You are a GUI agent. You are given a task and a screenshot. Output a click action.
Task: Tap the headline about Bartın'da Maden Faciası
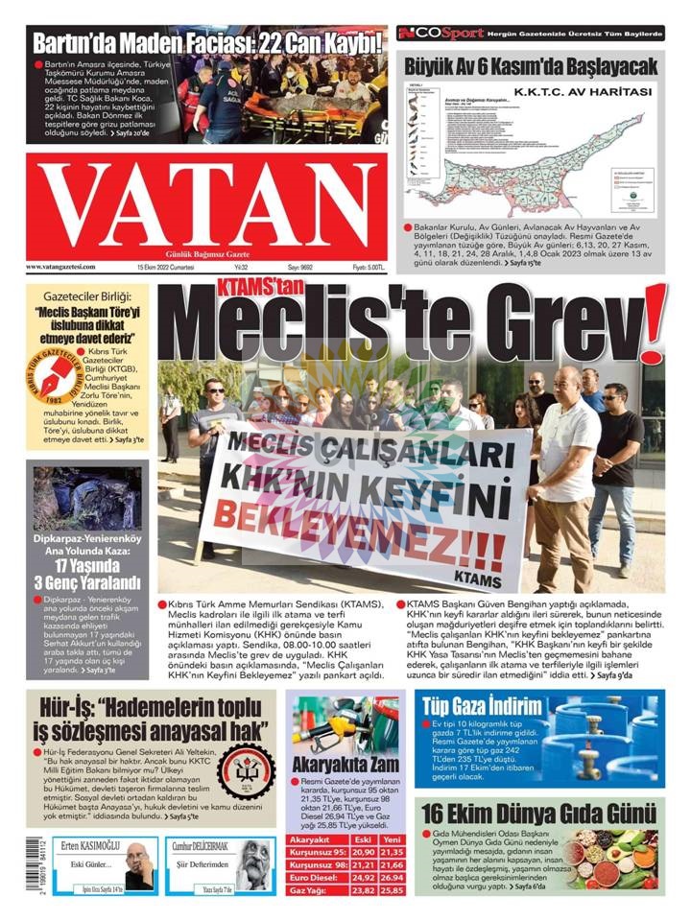207,42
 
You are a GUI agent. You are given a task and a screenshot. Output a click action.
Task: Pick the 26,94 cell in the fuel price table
392,876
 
